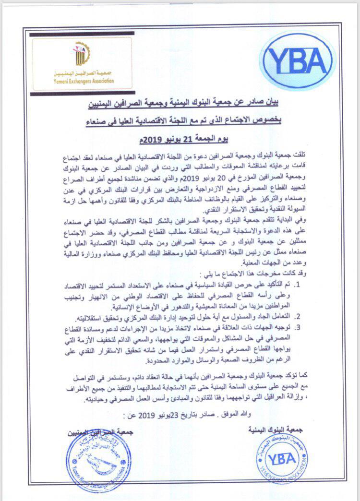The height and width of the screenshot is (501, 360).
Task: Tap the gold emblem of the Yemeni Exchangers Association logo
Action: (78, 56)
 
